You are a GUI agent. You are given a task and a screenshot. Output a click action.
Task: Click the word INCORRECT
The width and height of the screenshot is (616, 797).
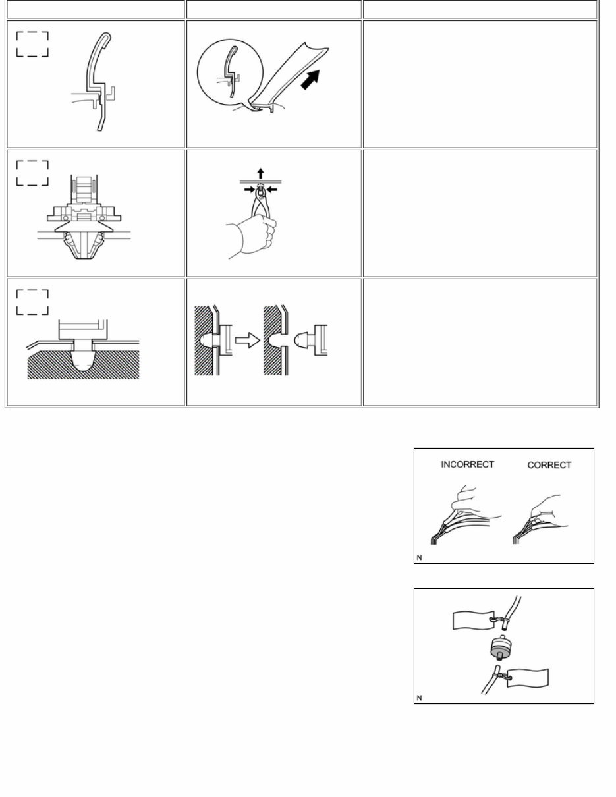467,464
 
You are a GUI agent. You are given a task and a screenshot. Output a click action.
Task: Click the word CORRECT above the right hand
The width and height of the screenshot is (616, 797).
549,465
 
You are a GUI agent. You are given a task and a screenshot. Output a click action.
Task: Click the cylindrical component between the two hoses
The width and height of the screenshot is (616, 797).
503,649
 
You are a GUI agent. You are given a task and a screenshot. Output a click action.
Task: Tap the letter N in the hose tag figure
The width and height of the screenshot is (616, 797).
420,698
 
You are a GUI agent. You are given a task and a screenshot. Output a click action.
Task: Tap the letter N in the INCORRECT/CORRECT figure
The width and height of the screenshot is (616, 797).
420,557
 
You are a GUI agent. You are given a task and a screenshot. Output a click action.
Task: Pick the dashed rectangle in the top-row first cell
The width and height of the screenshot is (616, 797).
32,43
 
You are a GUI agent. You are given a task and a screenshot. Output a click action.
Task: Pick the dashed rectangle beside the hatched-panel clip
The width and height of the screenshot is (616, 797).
32,302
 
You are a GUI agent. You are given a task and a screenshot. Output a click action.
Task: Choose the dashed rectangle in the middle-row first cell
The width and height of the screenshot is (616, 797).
32,173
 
